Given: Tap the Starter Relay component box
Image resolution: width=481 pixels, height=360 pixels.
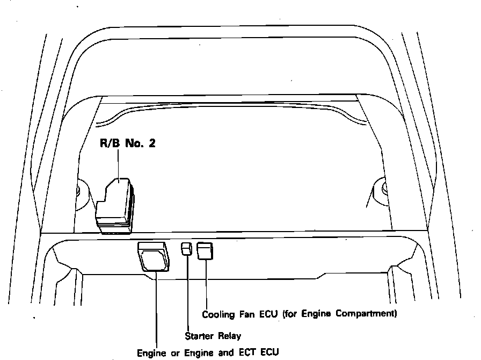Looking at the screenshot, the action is pyautogui.click(x=186, y=249).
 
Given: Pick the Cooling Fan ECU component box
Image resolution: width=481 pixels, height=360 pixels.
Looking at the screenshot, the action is pyautogui.click(x=205, y=250).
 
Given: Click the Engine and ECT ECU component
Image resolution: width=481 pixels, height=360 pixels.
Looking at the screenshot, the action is pyautogui.click(x=154, y=257).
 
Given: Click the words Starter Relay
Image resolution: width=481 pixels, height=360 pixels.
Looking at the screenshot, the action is pyautogui.click(x=213, y=336).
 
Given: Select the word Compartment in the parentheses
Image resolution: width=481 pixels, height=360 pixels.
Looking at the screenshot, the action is pyautogui.click(x=369, y=314).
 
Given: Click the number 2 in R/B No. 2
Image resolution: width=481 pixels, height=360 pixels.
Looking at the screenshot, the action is pyautogui.click(x=152, y=143).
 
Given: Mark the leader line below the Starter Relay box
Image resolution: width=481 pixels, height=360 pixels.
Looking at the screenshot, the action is pyautogui.click(x=187, y=293).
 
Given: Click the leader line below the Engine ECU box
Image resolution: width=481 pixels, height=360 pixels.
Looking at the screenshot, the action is pyautogui.click(x=156, y=309).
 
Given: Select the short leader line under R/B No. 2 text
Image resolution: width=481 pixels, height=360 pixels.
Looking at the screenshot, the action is pyautogui.click(x=118, y=164).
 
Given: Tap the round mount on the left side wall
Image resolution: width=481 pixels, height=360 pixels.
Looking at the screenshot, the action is pyautogui.click(x=79, y=189).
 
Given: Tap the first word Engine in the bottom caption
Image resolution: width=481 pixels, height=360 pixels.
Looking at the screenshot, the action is pyautogui.click(x=151, y=354).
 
